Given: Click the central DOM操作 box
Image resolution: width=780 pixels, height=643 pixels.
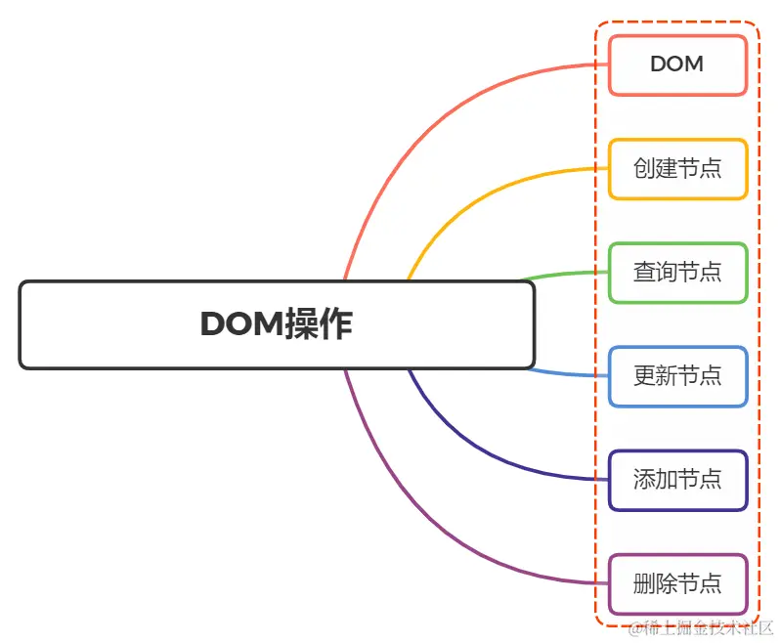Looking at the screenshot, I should point(277,324).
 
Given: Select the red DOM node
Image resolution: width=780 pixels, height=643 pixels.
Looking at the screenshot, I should point(677,64).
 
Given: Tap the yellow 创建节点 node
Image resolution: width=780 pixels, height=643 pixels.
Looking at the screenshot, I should point(677,169).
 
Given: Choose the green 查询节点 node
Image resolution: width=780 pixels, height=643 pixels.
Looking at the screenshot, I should point(677,273).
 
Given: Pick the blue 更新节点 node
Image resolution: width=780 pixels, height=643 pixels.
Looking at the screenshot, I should point(677,376).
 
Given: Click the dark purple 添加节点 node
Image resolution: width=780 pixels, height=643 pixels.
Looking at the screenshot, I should point(677,480).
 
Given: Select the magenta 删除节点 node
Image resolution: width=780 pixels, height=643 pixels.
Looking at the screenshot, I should point(677,584).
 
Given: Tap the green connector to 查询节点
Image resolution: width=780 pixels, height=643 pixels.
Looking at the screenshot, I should point(567,275).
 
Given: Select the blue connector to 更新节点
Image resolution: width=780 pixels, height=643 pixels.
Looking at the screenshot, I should point(567,374).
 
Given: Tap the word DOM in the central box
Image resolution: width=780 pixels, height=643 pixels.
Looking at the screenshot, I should point(240,324).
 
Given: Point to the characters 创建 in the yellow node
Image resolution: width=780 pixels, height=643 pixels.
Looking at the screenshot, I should point(655,169).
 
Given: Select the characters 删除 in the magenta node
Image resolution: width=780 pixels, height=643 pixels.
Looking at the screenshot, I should point(655,584).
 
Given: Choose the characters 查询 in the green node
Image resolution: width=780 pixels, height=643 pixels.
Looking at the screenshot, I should point(655,273).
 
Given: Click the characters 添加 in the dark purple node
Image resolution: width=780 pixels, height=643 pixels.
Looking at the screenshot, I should point(655,480).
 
